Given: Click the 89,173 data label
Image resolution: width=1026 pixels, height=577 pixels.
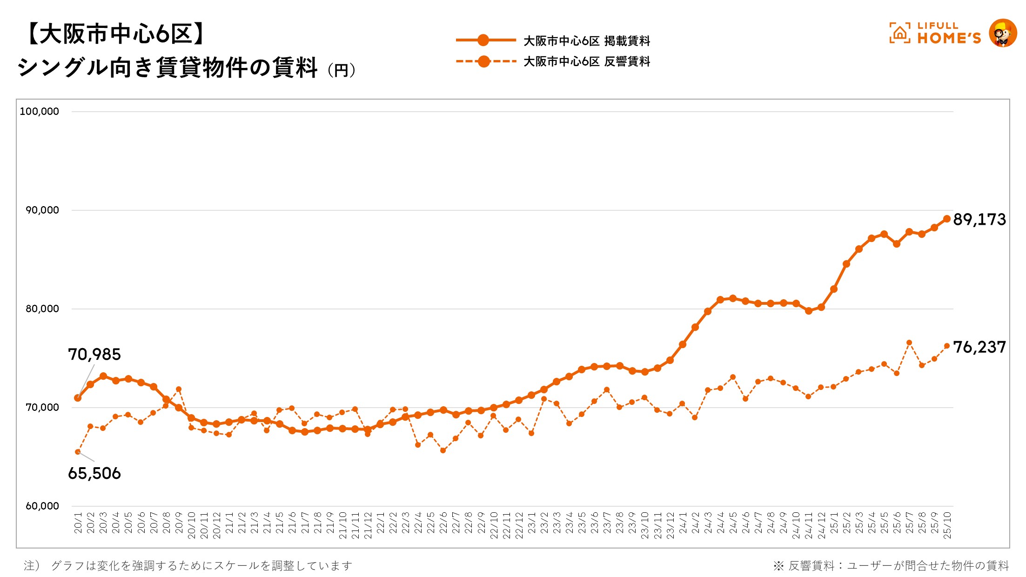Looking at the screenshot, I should point(979,220).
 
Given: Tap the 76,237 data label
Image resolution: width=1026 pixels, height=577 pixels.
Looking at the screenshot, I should point(979,347).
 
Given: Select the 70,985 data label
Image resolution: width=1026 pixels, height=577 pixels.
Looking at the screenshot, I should point(94,355).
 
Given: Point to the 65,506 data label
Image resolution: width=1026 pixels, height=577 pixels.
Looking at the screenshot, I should point(94,473).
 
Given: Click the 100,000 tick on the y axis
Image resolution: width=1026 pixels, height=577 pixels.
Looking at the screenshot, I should point(40,112).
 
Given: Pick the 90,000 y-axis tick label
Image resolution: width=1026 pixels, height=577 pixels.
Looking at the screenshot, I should point(42,210).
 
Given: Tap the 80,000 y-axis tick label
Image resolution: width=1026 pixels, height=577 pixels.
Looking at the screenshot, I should point(42,309).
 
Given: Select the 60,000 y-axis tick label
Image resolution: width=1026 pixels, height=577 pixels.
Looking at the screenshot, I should point(42,506).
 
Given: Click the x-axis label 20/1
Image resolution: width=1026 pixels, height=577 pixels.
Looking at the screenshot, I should point(78,523).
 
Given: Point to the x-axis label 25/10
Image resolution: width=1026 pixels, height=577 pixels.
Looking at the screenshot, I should point(947,525).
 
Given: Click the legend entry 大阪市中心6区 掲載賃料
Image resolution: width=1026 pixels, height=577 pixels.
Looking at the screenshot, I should point(586,41).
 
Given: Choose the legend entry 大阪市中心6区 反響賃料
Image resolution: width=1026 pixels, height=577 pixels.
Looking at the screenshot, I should point(586,61).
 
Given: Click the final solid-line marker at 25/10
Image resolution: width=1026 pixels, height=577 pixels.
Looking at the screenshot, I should point(947,219).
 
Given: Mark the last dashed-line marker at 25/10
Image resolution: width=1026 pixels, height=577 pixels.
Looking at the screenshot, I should point(947,346).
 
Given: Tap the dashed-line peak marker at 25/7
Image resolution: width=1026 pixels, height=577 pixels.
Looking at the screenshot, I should point(909,342).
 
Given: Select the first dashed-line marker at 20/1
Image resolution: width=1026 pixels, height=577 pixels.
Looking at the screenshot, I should point(78,452).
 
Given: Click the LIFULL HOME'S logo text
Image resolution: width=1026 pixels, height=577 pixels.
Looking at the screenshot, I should point(949,34).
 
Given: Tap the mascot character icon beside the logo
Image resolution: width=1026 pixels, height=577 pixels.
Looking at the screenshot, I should point(1002,33).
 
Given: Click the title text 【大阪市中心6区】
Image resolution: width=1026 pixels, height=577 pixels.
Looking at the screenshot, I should point(114,34).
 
